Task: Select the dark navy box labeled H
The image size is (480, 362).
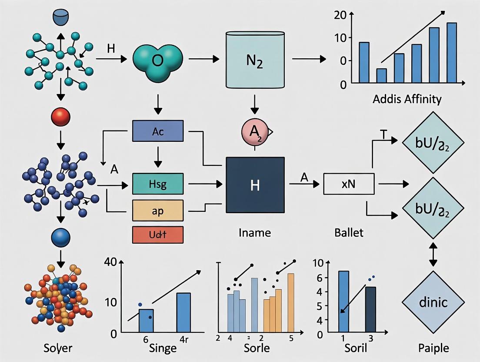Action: (255, 185)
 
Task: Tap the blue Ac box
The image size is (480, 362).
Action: (158, 131)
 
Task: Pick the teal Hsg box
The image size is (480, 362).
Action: (157, 184)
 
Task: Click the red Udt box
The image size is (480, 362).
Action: (157, 235)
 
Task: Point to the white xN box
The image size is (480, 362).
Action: (349, 184)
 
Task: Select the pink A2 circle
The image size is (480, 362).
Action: (254, 131)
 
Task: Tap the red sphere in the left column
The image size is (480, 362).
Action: (61, 117)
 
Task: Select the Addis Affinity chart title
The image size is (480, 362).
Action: (407, 99)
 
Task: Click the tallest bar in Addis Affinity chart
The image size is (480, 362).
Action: (452, 52)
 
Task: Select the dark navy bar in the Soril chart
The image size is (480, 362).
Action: (370, 309)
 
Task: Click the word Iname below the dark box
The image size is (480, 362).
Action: (255, 233)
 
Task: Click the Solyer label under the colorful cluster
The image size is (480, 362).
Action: (58, 348)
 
